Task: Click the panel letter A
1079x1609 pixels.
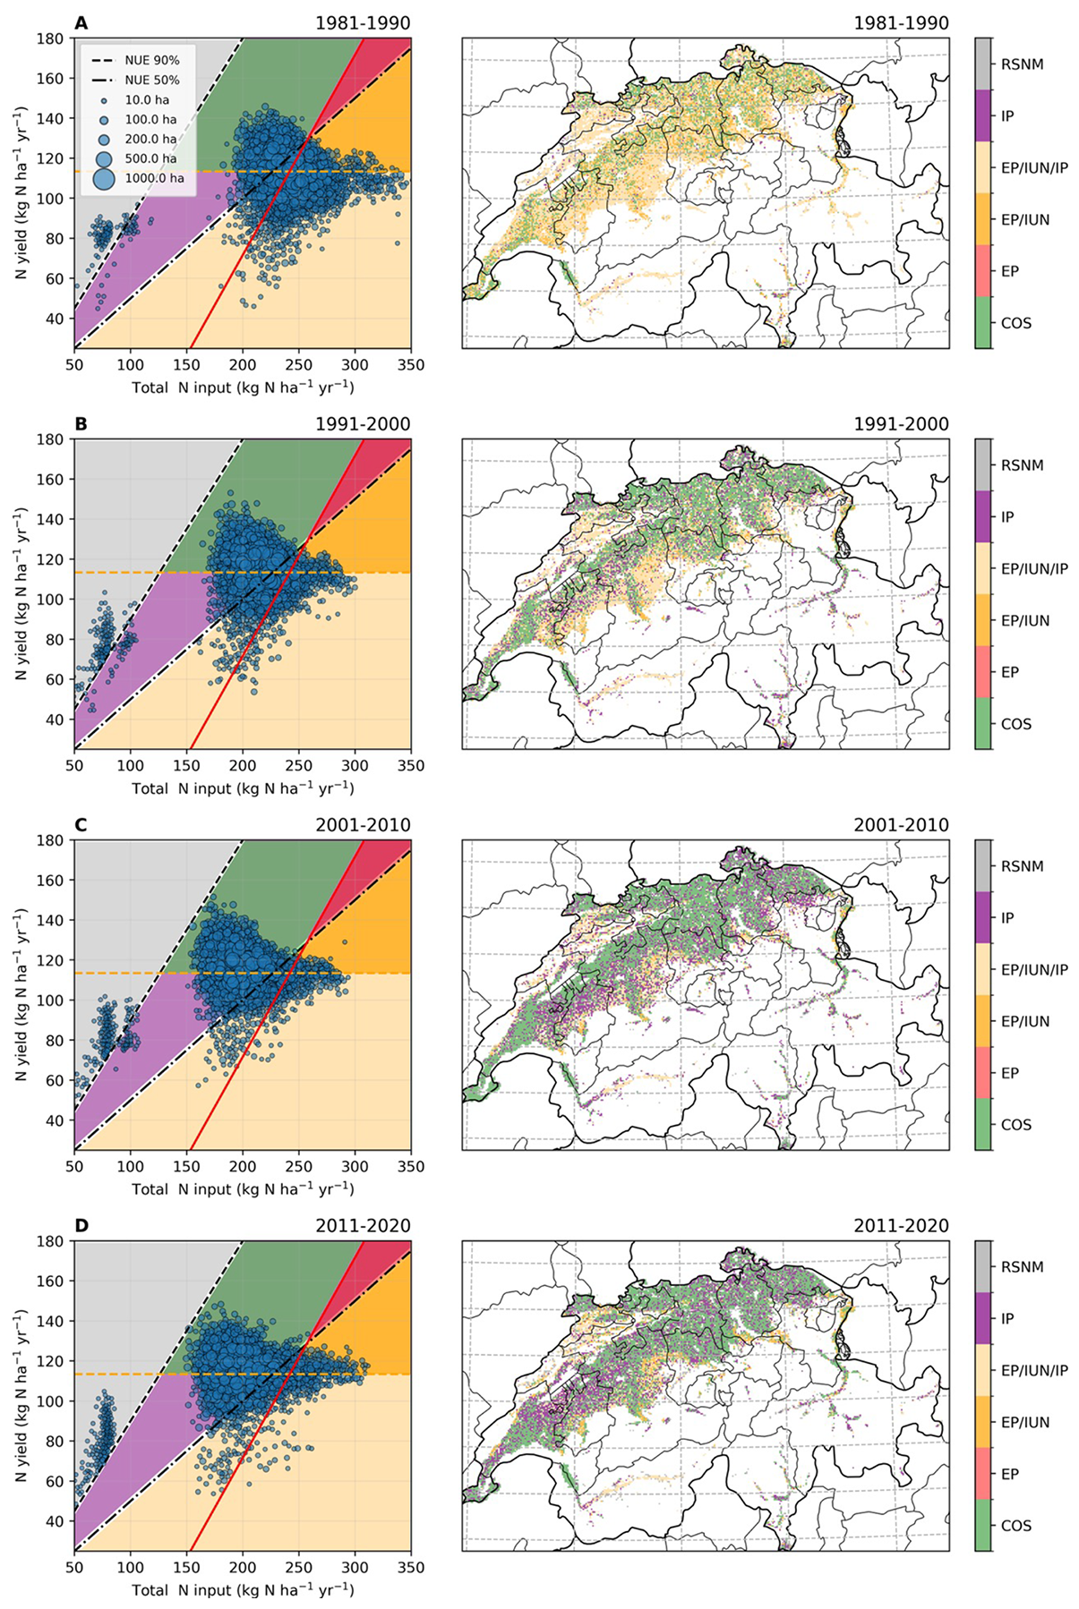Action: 81,23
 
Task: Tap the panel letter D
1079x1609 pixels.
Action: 81,1225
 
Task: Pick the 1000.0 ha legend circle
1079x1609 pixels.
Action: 104,178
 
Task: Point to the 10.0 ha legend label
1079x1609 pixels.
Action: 147,99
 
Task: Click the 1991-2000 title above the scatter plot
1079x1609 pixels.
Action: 363,424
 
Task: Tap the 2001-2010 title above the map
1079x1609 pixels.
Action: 901,825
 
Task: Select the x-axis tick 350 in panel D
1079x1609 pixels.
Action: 411,1567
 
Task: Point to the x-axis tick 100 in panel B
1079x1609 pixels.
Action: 131,765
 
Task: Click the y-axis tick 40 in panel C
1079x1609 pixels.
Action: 56,1120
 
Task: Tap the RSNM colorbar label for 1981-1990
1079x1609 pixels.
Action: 1023,64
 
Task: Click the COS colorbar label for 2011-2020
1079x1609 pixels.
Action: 1016,1526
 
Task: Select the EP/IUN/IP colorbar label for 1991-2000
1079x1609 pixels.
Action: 1034,569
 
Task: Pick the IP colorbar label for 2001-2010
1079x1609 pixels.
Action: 1007,918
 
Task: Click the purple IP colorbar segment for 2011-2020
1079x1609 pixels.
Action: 982,1318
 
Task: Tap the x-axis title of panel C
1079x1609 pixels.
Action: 243,1189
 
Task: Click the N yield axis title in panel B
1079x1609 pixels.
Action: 22,594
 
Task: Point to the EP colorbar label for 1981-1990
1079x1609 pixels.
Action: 1010,271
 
